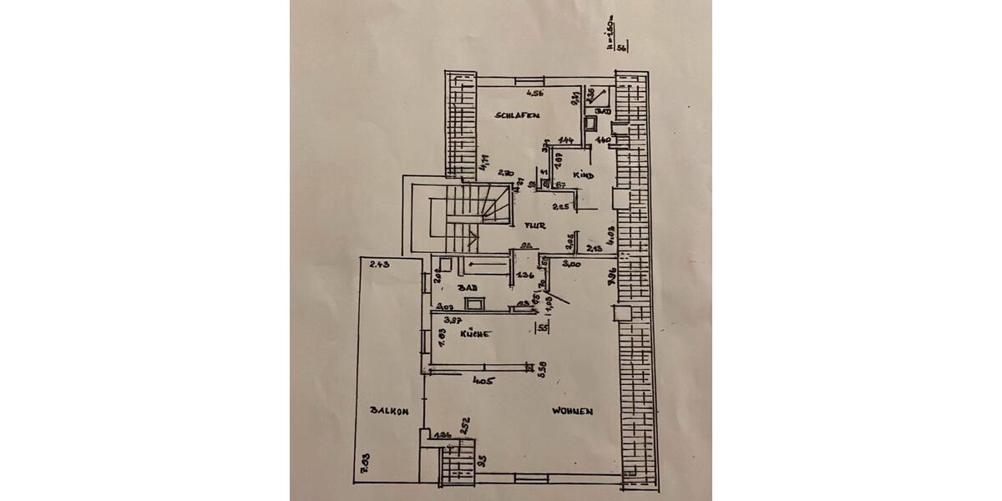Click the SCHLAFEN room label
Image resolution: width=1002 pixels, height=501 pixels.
[x=517, y=115]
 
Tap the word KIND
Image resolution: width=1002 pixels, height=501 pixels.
[x=583, y=175]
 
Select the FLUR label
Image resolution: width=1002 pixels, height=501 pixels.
[x=534, y=225]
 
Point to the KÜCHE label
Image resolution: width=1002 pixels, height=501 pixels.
[x=474, y=334]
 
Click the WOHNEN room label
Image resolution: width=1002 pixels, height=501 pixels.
[x=572, y=411]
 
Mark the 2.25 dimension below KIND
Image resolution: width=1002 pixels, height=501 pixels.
[x=561, y=206]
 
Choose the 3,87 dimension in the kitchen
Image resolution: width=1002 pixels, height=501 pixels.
[x=453, y=320]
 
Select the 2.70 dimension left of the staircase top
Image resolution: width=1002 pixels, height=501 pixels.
[x=504, y=173]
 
